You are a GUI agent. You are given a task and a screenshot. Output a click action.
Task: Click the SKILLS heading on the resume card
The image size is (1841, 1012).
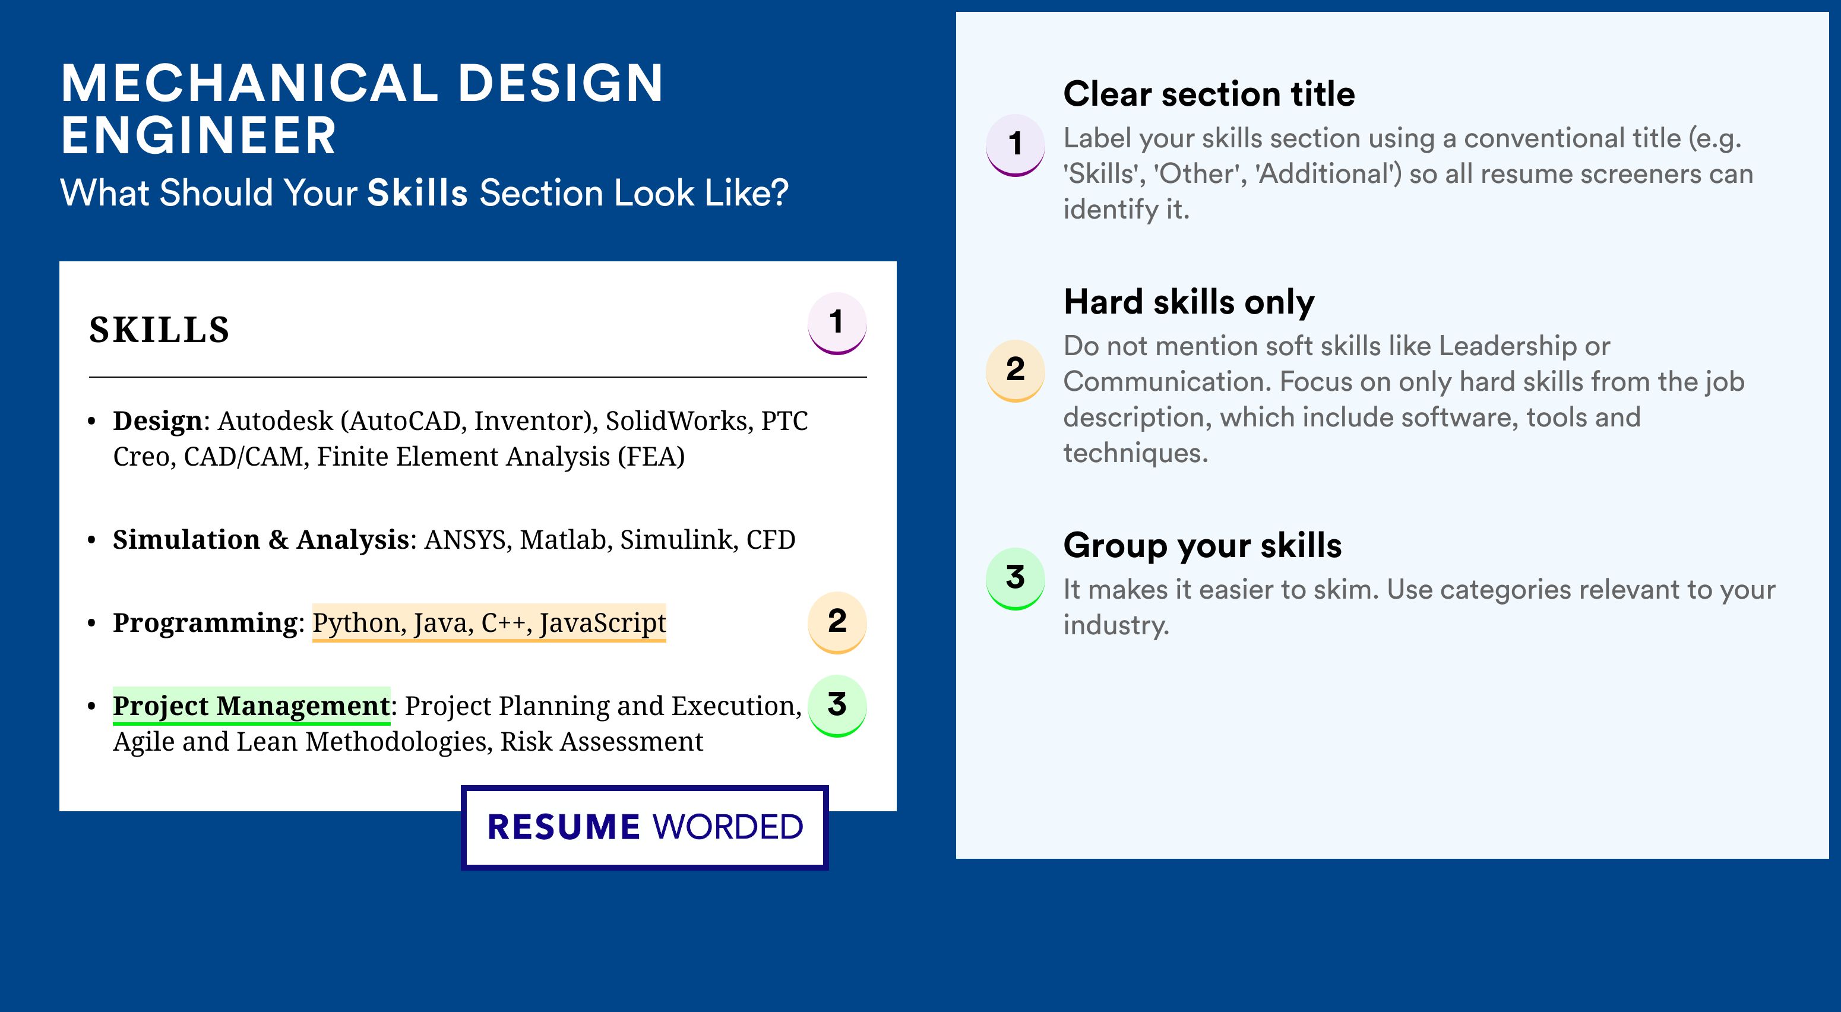pyautogui.click(x=159, y=330)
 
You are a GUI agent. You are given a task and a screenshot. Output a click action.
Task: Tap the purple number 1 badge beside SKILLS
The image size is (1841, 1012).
pyautogui.click(x=837, y=323)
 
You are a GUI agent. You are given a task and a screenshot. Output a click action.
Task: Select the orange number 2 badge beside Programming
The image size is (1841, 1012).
pyautogui.click(x=837, y=622)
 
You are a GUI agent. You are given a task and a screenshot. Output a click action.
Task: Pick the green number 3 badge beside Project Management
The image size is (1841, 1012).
pyautogui.click(x=837, y=706)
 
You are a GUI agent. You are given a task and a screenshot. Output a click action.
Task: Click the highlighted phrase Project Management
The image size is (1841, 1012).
pyautogui.click(x=252, y=706)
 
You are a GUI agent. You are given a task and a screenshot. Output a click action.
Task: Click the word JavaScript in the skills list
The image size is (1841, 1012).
pyautogui.click(x=602, y=623)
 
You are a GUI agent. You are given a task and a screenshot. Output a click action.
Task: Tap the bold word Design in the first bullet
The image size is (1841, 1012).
pyautogui.click(x=158, y=422)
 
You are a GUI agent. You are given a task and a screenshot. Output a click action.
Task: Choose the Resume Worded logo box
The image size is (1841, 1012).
pyautogui.click(x=644, y=827)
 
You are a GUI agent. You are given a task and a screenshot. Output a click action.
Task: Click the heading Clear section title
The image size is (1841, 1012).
pyautogui.click(x=1209, y=94)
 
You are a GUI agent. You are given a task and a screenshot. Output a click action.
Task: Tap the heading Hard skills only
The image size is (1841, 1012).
pyautogui.click(x=1188, y=302)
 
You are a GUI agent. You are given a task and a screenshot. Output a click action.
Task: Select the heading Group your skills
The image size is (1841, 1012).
pyautogui.click(x=1202, y=545)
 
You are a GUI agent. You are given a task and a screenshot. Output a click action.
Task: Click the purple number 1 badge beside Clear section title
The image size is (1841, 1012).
pyautogui.click(x=1016, y=145)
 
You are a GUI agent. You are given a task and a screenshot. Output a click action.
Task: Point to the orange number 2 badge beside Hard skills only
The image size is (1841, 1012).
pyautogui.click(x=1016, y=370)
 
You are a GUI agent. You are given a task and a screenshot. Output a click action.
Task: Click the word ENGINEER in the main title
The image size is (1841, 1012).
pyautogui.click(x=199, y=136)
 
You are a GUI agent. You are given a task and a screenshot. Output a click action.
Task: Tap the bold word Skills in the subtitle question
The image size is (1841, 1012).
pyautogui.click(x=417, y=193)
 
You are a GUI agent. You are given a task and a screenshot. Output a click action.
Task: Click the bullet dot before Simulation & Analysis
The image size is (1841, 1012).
pyautogui.click(x=91, y=540)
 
